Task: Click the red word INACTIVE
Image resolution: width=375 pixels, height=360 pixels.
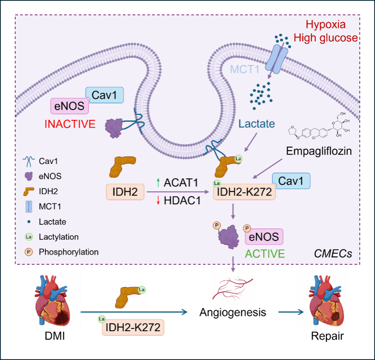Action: [x=70, y=124]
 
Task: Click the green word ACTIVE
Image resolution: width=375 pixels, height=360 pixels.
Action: [x=265, y=254]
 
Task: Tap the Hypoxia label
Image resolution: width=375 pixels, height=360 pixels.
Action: [x=332, y=25]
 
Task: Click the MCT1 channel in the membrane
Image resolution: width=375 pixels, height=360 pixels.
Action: [x=276, y=59]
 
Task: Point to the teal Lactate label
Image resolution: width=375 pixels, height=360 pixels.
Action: [x=257, y=124]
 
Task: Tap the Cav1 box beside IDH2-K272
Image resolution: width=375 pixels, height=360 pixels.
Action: [x=291, y=180]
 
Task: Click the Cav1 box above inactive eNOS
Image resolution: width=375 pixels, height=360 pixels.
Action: [x=104, y=95]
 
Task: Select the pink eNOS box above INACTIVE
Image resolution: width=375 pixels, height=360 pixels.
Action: [x=70, y=106]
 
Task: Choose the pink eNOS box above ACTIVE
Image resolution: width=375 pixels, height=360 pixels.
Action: [x=264, y=237]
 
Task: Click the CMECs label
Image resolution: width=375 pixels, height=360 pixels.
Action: [x=333, y=254]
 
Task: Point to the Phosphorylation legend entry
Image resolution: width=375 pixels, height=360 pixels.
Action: [x=69, y=252]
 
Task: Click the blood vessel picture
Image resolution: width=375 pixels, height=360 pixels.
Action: [x=233, y=288]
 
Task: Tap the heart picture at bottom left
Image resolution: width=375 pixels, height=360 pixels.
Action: [x=55, y=300]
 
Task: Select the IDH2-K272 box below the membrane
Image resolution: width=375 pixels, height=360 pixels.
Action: [x=245, y=191]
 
